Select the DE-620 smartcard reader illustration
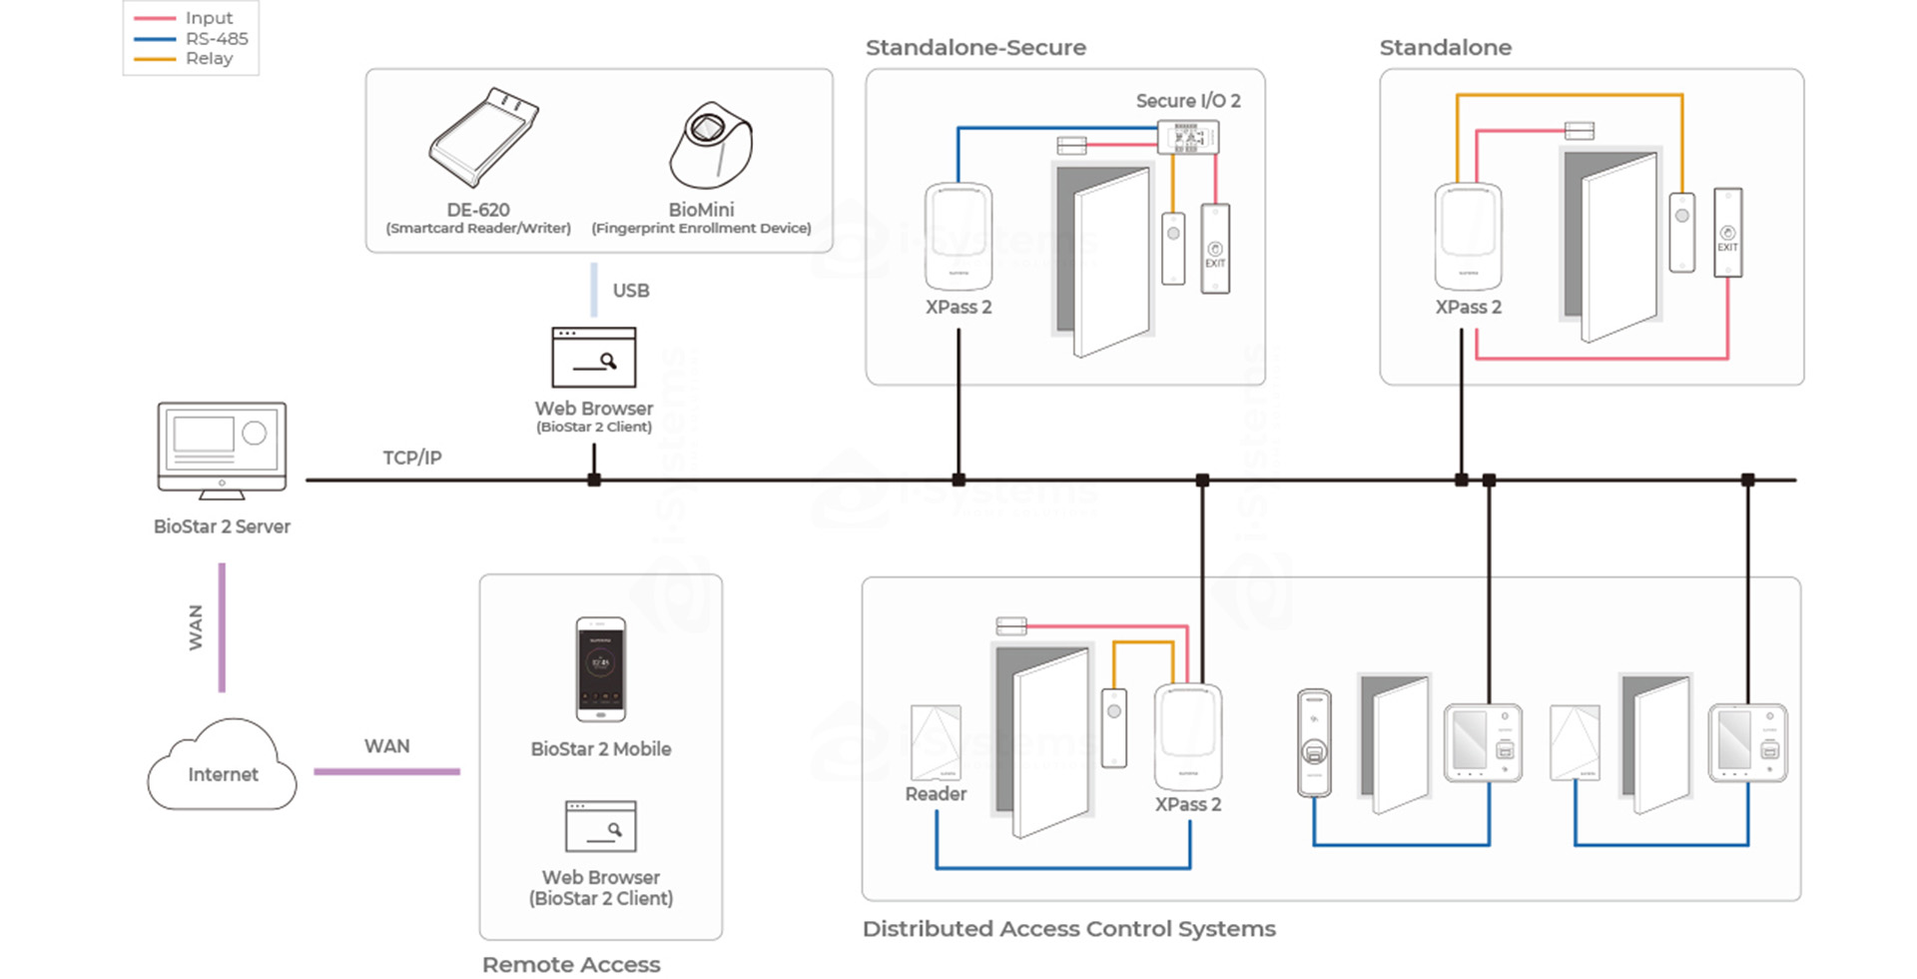tap(482, 138)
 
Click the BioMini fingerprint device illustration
tap(710, 146)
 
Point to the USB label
tap(630, 291)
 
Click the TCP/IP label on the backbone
tap(411, 458)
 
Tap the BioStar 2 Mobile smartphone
tap(601, 668)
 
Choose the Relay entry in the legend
tap(209, 59)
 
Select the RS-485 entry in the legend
tap(216, 39)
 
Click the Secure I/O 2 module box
tap(1187, 137)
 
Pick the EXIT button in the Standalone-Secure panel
tap(1215, 249)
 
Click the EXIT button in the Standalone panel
tap(1727, 233)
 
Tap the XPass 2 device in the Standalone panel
tap(1468, 237)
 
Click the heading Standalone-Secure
tap(975, 47)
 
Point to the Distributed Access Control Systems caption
tap(1068, 929)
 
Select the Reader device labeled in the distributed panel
tap(936, 743)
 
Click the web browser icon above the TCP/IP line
tap(594, 358)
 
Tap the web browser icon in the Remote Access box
tap(600, 826)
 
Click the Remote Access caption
tap(571, 964)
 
